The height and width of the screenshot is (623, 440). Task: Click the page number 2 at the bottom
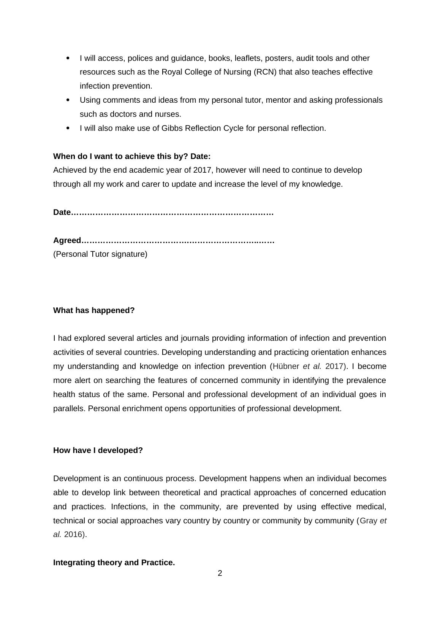point(220,574)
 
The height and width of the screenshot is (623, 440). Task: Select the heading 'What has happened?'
point(94,310)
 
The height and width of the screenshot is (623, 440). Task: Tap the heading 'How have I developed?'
point(98,450)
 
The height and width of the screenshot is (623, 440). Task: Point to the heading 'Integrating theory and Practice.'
point(114,563)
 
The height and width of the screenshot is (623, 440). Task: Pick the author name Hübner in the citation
point(286,366)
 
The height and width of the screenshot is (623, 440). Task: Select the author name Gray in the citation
point(368,521)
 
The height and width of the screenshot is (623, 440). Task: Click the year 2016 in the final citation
point(73,534)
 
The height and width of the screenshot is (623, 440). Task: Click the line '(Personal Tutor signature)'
point(100,254)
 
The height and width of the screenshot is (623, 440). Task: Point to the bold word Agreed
point(67,240)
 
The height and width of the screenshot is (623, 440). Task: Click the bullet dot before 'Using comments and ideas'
point(68,100)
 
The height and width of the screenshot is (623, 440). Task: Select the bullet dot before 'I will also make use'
point(68,128)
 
